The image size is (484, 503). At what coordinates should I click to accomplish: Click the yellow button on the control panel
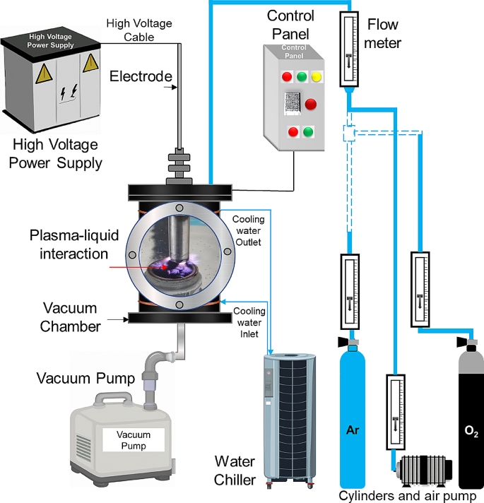tap(316, 76)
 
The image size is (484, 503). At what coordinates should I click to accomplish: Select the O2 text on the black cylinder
tap(471, 430)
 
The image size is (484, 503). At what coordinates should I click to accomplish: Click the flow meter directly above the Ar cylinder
tap(351, 290)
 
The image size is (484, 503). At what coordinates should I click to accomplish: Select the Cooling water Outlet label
tap(247, 231)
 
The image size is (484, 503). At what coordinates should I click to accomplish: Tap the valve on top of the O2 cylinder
tap(468, 344)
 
